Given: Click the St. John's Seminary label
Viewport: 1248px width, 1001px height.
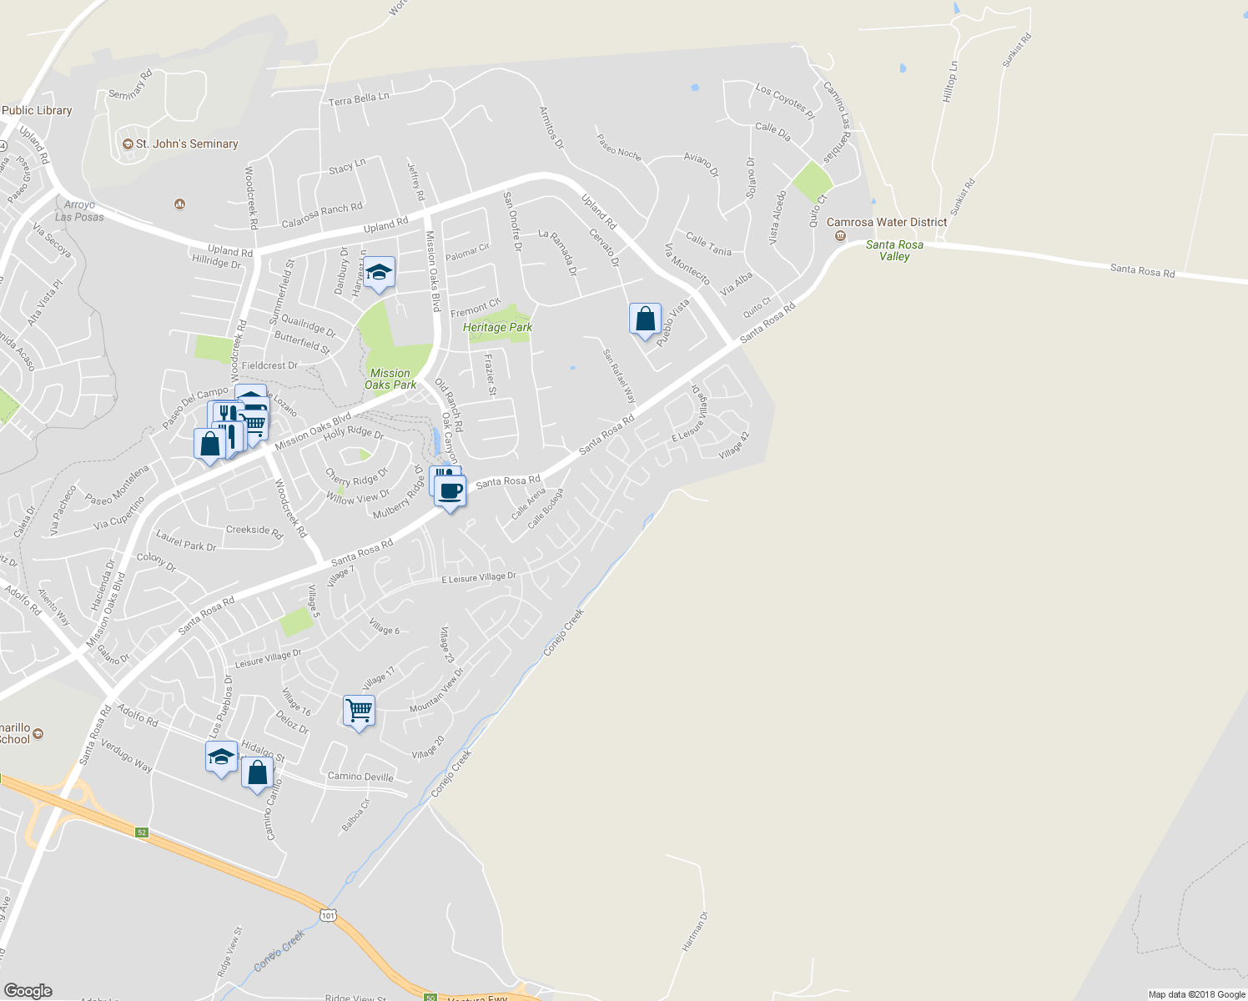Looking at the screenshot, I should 187,144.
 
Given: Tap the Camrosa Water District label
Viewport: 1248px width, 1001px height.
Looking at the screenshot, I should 886,223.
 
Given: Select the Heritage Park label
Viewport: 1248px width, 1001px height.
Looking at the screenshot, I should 497,328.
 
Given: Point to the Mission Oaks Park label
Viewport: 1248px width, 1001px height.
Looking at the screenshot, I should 390,379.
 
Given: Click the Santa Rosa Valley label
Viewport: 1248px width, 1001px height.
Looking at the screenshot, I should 894,250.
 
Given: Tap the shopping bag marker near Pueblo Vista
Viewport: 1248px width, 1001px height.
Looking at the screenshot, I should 645,319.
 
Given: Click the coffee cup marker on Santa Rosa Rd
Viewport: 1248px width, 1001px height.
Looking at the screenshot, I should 450,492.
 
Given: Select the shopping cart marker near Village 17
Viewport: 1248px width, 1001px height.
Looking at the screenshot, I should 359,712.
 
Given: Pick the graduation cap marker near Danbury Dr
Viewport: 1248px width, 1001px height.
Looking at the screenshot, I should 379,273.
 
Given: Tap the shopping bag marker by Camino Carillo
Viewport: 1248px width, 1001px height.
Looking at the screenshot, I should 258,773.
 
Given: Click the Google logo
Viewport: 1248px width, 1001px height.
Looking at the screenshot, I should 28,990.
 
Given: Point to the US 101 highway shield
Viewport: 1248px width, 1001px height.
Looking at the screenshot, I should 327,915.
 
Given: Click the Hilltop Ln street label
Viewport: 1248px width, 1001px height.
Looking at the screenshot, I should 949,82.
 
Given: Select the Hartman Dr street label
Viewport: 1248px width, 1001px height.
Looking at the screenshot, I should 694,931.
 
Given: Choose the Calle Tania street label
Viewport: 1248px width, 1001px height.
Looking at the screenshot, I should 708,244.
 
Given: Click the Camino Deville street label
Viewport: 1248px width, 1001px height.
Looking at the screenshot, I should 360,777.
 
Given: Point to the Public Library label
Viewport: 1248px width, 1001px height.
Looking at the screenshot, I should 37,110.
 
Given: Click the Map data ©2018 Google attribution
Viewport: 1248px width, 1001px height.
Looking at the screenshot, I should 1196,994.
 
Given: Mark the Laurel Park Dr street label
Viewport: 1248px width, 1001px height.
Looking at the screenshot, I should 186,541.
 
